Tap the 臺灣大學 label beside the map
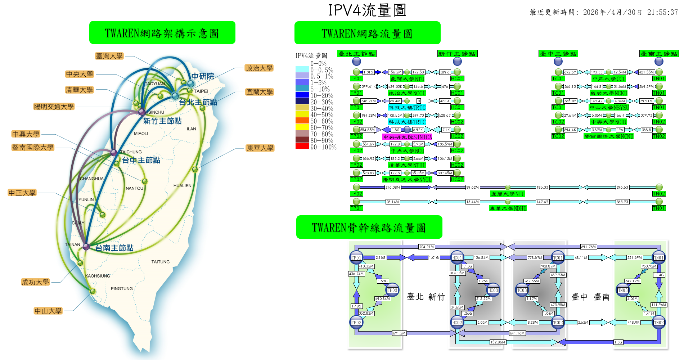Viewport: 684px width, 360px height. coord(109,56)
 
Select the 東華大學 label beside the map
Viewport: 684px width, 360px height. coord(260,148)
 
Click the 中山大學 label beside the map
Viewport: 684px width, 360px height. coord(48,311)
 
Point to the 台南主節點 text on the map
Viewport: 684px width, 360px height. coord(114,248)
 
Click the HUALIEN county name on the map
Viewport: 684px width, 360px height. coord(183,186)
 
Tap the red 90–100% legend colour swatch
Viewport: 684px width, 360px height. coord(302,146)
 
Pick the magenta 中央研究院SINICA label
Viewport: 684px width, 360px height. coord(407,137)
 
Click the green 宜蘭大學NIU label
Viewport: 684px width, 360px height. coord(508,194)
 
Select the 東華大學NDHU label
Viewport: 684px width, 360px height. coord(508,208)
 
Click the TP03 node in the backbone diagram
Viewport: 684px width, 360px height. coord(392,290)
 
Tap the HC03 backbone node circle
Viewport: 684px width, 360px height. coord(493,290)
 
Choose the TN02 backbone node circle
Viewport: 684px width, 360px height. coord(659,323)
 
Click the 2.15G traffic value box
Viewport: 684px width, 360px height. coord(381,258)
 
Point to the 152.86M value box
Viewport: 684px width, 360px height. coord(498,342)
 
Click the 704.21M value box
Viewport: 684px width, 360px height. coord(427,247)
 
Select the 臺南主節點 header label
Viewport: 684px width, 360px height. coord(659,54)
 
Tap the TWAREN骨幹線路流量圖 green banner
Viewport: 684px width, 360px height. coord(369,227)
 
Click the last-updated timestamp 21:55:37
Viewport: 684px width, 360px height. coord(662,12)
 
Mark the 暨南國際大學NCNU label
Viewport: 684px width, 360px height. coord(609,136)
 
